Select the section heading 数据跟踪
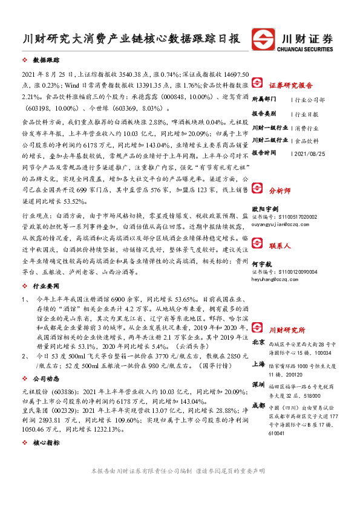[46, 61]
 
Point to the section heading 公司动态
[46, 379]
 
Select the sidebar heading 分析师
[280, 189]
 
